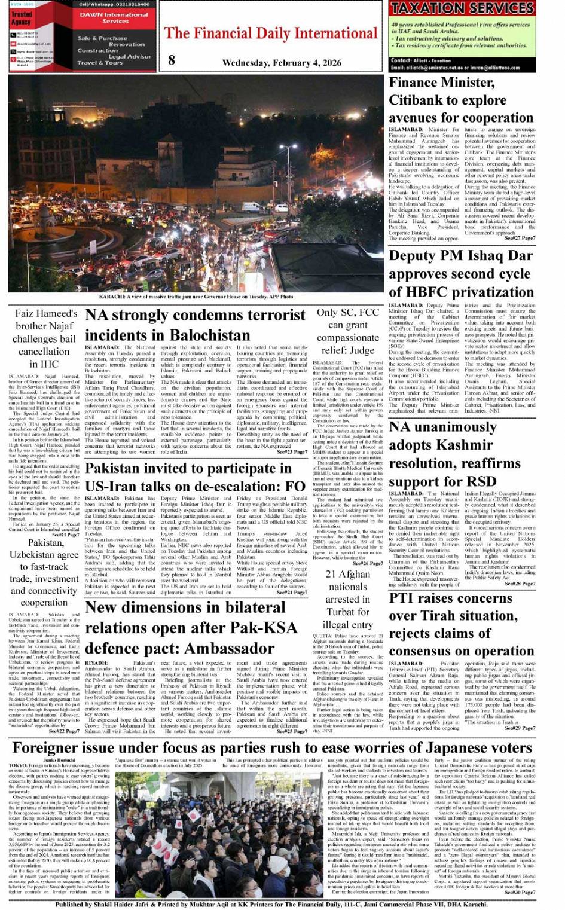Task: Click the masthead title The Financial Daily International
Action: (271, 33)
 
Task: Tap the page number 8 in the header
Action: (172, 60)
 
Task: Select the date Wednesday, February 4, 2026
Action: (282, 63)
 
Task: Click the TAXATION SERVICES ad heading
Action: (462, 8)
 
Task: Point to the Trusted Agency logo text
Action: (22, 18)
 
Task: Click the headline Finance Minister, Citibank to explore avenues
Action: (453, 100)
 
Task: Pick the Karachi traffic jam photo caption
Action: (196, 297)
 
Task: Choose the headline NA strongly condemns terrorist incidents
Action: (195, 325)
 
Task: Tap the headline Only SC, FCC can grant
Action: (348, 331)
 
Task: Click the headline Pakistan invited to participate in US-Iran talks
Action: (195, 477)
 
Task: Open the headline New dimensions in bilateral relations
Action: (191, 627)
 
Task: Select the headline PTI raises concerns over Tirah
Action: (453, 624)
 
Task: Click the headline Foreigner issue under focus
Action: (272, 748)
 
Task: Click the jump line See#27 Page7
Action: (520, 239)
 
